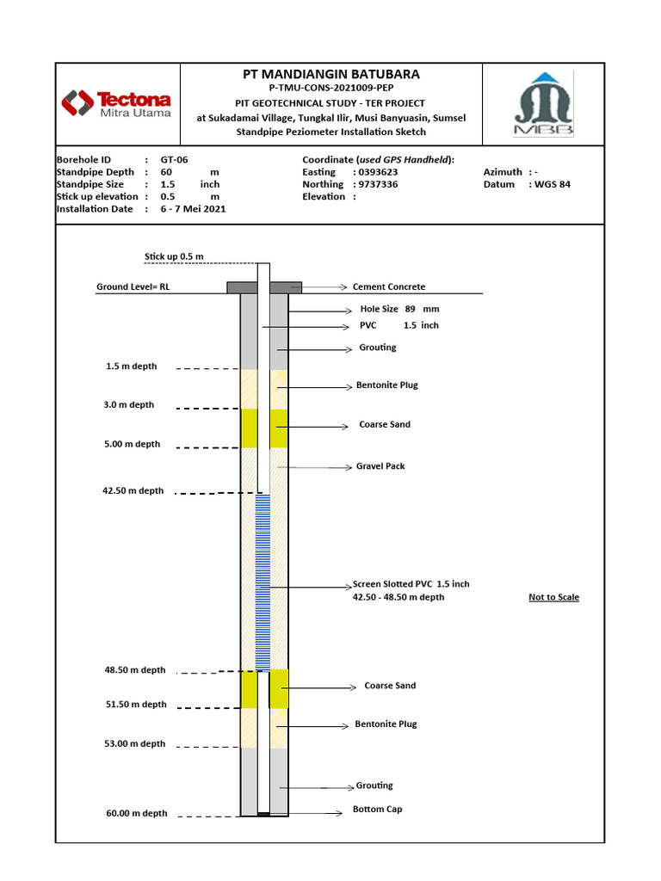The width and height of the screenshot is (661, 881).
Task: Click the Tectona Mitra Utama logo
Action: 116,104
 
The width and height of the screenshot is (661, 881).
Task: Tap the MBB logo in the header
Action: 544,104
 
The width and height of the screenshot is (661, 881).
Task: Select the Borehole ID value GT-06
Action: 174,160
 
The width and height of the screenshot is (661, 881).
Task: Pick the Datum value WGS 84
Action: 553,184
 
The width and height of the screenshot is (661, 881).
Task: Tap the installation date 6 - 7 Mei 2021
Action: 193,208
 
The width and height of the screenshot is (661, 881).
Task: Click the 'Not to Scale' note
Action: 553,597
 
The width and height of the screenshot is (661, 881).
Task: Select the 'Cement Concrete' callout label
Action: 389,287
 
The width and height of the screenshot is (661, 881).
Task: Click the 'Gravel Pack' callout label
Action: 380,466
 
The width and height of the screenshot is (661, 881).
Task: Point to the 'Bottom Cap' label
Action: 377,810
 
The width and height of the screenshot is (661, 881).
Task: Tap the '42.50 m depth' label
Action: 133,491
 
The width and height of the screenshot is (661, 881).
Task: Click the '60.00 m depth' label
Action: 136,813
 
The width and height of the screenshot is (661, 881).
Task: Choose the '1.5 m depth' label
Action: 132,367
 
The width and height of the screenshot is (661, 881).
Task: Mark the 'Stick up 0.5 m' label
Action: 174,256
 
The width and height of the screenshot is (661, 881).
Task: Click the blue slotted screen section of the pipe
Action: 263,581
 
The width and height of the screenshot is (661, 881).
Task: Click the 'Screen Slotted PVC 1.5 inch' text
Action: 411,584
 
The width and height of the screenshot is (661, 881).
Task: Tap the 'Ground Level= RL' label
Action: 133,287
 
